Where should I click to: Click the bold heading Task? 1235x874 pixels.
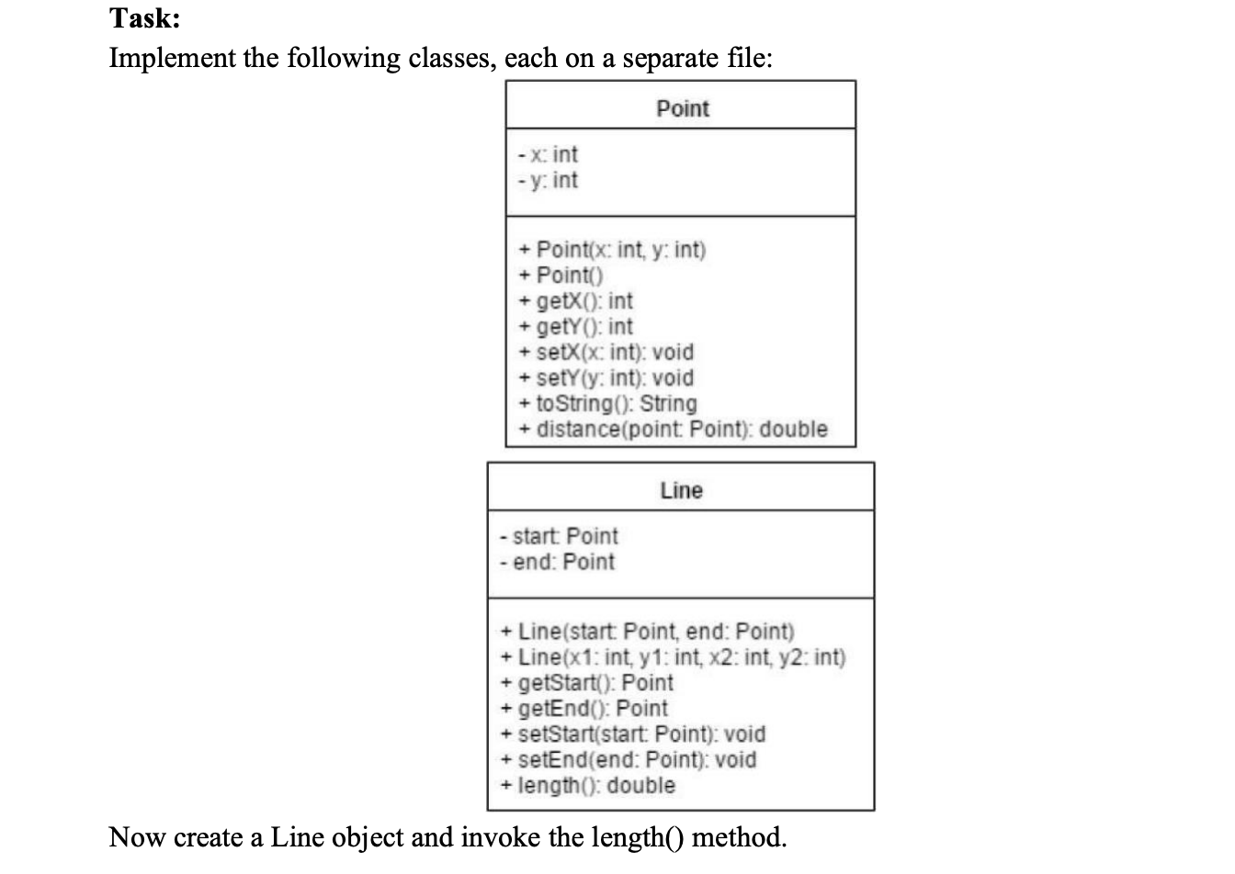144,18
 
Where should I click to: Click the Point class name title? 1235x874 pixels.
682,108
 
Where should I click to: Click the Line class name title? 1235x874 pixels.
681,490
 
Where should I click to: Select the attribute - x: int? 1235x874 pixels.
548,154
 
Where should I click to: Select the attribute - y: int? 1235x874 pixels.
548,180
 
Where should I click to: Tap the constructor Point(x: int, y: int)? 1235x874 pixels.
612,250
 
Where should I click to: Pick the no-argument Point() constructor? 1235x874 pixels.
561,275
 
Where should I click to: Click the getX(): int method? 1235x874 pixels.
576,301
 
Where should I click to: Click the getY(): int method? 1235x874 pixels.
576,327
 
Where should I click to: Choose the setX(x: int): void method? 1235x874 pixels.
606,353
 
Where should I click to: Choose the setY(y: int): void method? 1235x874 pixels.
606,378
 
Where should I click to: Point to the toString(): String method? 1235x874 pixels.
608,404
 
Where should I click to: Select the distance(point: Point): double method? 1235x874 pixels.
674,430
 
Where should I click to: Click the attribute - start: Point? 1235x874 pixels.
559,536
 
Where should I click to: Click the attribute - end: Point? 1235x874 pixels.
557,562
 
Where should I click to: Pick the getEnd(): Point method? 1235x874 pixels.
585,709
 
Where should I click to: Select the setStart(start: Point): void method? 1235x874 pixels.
634,734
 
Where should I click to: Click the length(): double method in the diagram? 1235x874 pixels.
588,786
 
